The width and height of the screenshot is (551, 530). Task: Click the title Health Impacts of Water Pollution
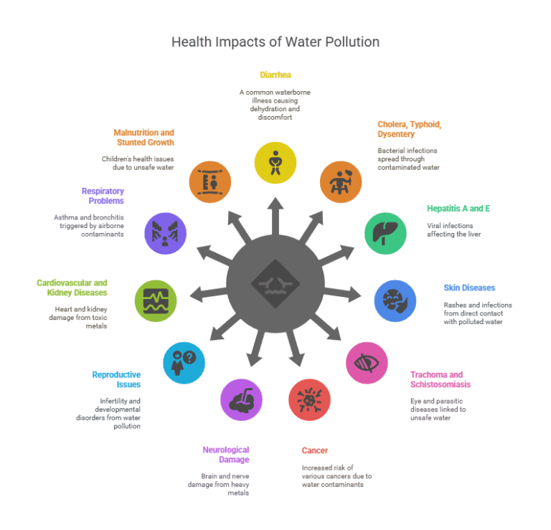tap(275, 42)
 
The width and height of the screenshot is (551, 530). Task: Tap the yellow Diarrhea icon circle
tap(275, 161)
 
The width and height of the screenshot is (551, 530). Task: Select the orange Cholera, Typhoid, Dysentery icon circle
tap(341, 181)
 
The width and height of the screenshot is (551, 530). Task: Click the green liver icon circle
tap(385, 232)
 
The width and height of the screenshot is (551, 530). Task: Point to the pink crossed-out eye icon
tap(367, 362)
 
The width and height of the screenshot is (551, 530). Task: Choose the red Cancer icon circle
tap(309, 399)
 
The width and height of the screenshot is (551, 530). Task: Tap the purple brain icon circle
tap(242, 399)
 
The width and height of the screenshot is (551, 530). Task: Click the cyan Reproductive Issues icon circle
tap(184, 362)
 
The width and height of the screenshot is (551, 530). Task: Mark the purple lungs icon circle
tap(165, 232)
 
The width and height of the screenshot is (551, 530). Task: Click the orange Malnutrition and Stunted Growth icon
tap(209, 181)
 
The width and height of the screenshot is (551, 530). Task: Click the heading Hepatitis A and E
tap(458, 209)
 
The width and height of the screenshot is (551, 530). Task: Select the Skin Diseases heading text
tap(469, 288)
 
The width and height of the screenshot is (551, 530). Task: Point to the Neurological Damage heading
tap(226, 454)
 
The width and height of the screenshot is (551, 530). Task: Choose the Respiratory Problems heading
tap(102, 196)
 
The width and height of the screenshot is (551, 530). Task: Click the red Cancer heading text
tap(315, 450)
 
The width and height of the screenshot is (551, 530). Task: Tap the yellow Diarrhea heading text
tap(275, 75)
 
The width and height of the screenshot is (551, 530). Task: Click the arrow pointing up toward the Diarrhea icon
tap(275, 215)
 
